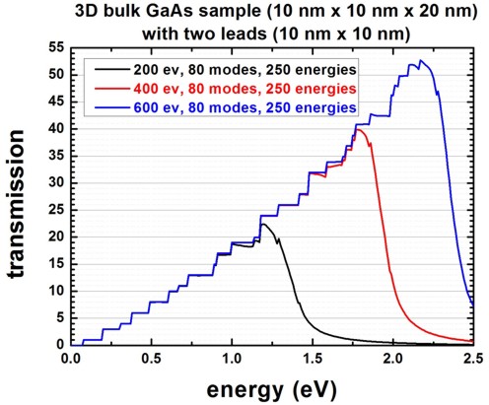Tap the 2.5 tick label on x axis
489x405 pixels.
coord(473,358)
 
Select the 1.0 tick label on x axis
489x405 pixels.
coord(232,358)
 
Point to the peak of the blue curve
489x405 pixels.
coord(421,61)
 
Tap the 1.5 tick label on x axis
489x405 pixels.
coord(313,358)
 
